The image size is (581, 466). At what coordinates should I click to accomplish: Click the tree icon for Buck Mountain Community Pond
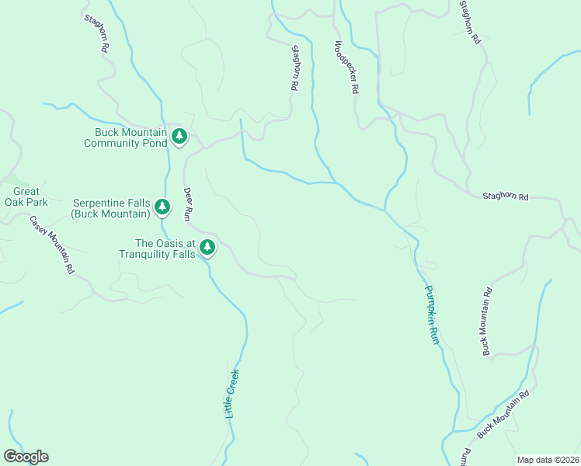click(x=179, y=137)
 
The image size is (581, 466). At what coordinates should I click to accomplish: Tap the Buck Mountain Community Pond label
click(x=125, y=137)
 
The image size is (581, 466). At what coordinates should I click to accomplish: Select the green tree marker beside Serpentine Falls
click(x=162, y=207)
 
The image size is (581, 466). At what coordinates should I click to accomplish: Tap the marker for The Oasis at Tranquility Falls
click(x=207, y=248)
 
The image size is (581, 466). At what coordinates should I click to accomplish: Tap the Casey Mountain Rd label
click(x=51, y=245)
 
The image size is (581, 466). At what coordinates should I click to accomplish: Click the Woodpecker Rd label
click(x=346, y=68)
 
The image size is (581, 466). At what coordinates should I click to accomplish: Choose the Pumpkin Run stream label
click(x=432, y=315)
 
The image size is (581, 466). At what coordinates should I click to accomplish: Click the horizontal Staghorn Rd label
click(x=505, y=197)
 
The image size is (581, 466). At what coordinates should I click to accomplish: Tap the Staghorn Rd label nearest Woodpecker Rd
click(x=294, y=68)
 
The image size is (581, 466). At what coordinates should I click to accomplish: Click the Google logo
click(x=26, y=457)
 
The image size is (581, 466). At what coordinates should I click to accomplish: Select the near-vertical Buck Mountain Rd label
click(x=486, y=322)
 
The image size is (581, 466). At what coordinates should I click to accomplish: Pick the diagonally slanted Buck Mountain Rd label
click(x=503, y=415)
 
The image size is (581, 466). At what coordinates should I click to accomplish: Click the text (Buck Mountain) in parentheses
click(x=110, y=213)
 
